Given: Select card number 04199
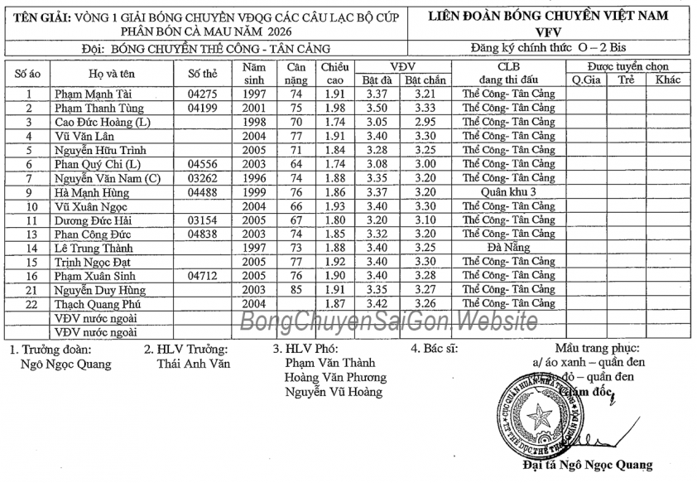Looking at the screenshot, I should (202, 109).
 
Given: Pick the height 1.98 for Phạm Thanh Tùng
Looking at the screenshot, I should (334, 109).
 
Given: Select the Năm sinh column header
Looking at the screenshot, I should (254, 73).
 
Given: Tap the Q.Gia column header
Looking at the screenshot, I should (587, 80).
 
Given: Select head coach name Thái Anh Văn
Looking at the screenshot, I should (194, 363).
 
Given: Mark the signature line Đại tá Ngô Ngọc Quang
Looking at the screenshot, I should (588, 465).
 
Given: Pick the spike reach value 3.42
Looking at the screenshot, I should (377, 304).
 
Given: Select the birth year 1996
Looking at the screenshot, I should (254, 178).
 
